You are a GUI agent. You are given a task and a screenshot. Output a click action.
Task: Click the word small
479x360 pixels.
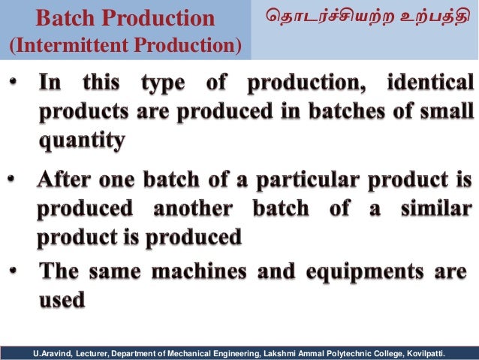click(447, 112)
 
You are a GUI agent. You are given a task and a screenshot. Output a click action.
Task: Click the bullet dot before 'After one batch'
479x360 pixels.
click(11, 181)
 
